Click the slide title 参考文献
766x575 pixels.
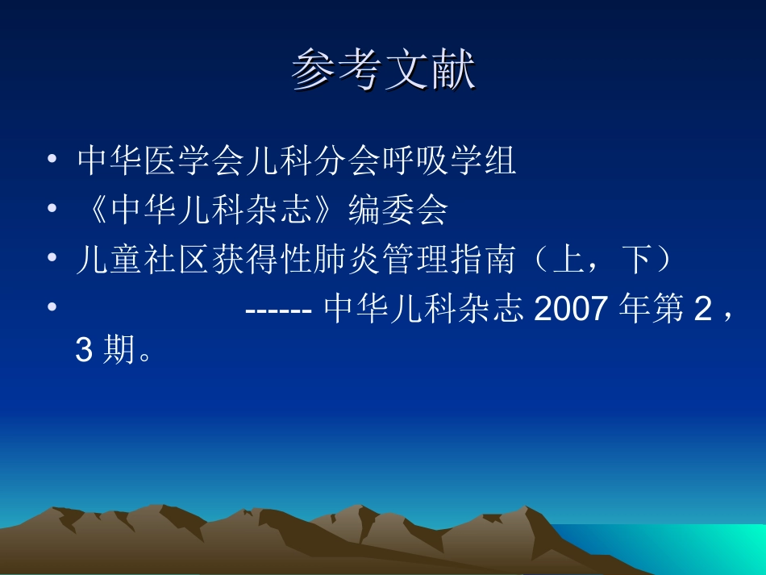tap(383, 71)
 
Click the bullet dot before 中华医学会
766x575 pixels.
tap(52, 161)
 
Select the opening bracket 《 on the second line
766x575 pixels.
tap(94, 211)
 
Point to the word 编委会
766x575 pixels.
tap(398, 211)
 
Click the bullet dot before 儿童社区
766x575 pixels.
tap(52, 260)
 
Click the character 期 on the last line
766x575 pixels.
tap(119, 352)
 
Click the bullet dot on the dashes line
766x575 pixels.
tap(52, 310)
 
